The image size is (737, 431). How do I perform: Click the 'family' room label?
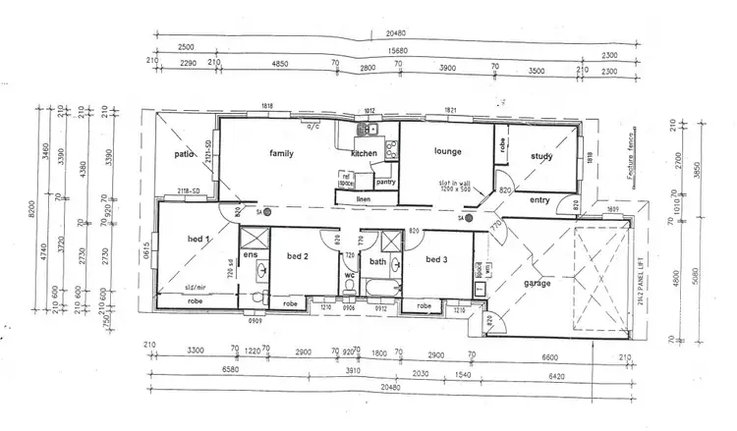click(x=282, y=154)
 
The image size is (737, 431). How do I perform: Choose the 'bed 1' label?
click(x=199, y=239)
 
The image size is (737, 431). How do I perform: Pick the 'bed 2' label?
click(x=299, y=256)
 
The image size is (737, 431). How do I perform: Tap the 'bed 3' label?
click(x=437, y=260)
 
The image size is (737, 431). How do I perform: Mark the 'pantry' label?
click(x=385, y=182)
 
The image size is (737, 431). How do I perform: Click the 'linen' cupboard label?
click(x=362, y=199)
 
